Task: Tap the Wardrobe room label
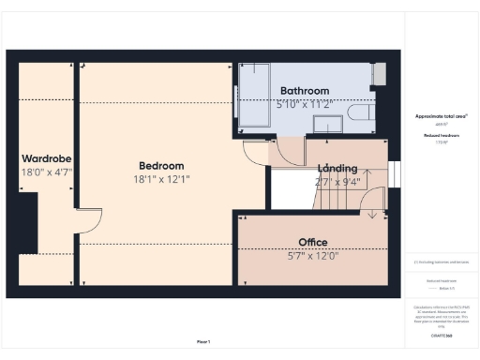47,158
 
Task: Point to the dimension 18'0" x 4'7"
47,172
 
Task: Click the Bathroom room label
304,91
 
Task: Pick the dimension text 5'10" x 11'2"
304,104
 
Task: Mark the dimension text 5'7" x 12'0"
312,255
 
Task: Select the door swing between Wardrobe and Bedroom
88,222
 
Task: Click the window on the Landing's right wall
394,174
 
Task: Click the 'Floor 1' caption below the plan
203,341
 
